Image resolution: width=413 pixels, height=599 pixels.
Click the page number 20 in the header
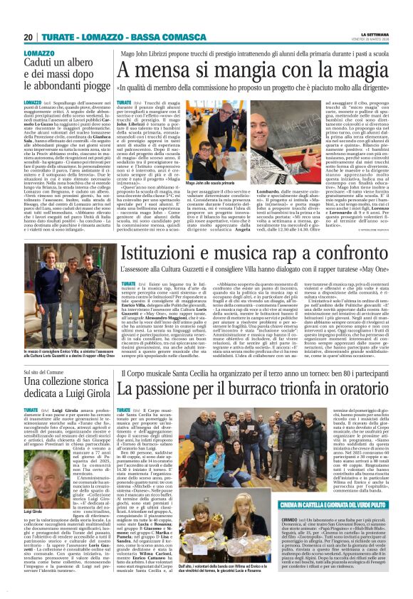[28, 37]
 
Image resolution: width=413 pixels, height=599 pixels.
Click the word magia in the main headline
[353, 71]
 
